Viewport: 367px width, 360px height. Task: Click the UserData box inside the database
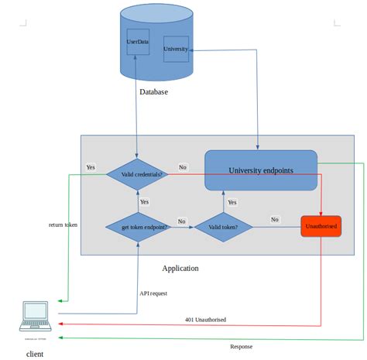(138, 42)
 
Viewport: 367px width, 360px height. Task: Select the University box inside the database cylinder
(176, 50)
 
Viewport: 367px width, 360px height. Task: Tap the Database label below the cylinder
(153, 92)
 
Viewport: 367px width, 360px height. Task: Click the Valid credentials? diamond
(138, 174)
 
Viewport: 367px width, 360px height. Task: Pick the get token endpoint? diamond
(138, 227)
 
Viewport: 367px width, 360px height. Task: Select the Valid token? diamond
(224, 227)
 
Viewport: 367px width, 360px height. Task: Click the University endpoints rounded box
(261, 170)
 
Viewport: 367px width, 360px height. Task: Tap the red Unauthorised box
(321, 226)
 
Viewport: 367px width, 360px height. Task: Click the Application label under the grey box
(180, 269)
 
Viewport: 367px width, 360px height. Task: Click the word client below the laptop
(34, 354)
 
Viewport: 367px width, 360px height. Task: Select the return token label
(63, 225)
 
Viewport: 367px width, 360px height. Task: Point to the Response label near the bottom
(241, 346)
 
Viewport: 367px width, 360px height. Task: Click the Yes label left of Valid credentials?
(91, 167)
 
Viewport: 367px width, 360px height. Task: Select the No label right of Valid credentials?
(182, 167)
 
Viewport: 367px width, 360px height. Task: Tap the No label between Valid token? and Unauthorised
(274, 220)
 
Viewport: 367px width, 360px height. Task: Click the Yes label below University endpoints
(232, 202)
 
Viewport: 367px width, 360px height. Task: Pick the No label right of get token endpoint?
(182, 221)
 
